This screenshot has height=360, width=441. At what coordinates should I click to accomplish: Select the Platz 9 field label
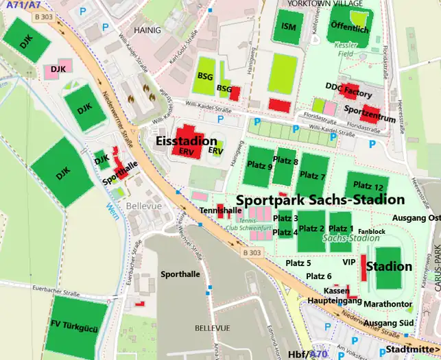click(260, 167)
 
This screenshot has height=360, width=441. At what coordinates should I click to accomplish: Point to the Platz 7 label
click(311, 176)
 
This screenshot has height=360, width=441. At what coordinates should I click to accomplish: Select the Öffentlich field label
click(349, 29)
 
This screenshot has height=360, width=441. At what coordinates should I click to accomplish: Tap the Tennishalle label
click(220, 210)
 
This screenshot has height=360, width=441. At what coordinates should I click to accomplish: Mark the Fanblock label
click(371, 232)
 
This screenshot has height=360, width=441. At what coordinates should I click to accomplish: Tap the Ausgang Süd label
click(388, 322)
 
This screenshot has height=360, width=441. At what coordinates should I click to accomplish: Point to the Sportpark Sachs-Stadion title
click(320, 200)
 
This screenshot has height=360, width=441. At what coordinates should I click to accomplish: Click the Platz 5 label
click(298, 263)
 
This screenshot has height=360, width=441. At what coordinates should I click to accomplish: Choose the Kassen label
click(336, 291)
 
